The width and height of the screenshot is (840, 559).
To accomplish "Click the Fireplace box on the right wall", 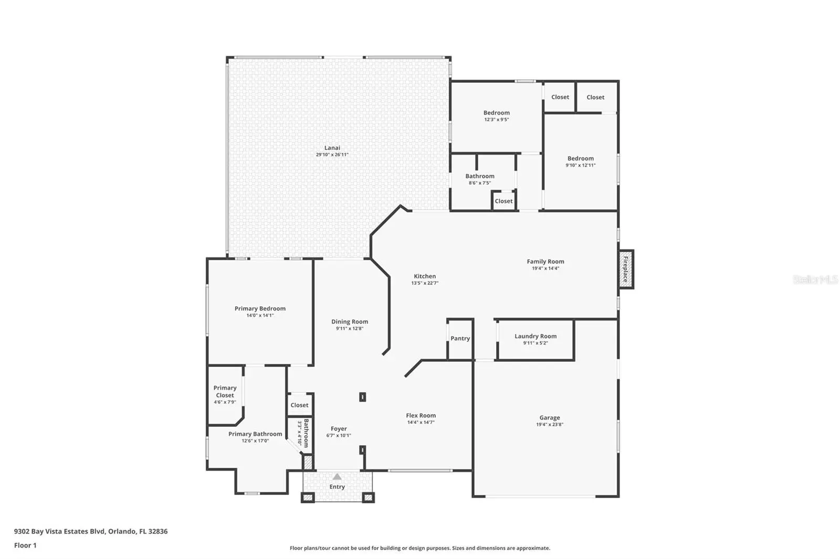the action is pos(626,269).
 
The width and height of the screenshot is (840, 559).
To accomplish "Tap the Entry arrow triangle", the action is pos(337,477).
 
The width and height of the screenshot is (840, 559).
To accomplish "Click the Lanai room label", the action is pos(332,148).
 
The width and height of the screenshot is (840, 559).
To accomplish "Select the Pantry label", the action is pos(460,338).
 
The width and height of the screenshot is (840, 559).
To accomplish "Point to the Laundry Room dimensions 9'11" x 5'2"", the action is pos(535,343).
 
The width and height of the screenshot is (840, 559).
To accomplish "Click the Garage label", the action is pos(550,417).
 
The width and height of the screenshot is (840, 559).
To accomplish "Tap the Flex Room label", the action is pos(421,415).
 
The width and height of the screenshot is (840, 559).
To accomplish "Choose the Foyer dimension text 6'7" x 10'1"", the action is pos(339,435).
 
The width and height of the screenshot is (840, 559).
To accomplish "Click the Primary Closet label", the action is pos(225,392).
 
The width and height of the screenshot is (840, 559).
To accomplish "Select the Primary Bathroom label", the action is pos(255,434).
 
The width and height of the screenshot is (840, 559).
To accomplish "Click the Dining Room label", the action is pos(350,321).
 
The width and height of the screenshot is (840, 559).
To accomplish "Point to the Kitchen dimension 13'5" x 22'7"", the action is pos(425,283).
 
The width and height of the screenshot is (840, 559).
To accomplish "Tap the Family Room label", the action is pos(545,262).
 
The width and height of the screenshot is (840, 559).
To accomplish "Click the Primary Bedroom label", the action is pos(260,308).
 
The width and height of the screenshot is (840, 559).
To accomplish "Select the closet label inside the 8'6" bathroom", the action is pos(503,201).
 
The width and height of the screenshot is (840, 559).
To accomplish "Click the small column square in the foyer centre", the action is pos(363,397).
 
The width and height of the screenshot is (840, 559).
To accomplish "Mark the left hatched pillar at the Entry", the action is pos(308,497).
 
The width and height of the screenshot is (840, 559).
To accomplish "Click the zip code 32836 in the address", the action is pos(158,531).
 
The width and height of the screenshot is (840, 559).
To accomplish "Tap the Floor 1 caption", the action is pos(26,545).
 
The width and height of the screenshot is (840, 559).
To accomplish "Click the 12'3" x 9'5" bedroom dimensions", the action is pos(497,120).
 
